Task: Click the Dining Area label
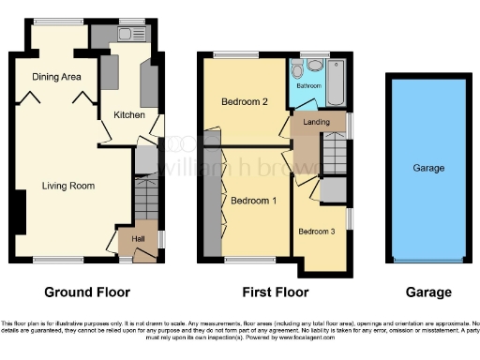56,77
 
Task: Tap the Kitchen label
129,114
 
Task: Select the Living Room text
68,186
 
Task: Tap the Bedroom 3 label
315,231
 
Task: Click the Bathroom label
309,85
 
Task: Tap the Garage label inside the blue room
428,169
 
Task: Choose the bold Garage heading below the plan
427,292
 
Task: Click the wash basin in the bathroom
314,65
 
